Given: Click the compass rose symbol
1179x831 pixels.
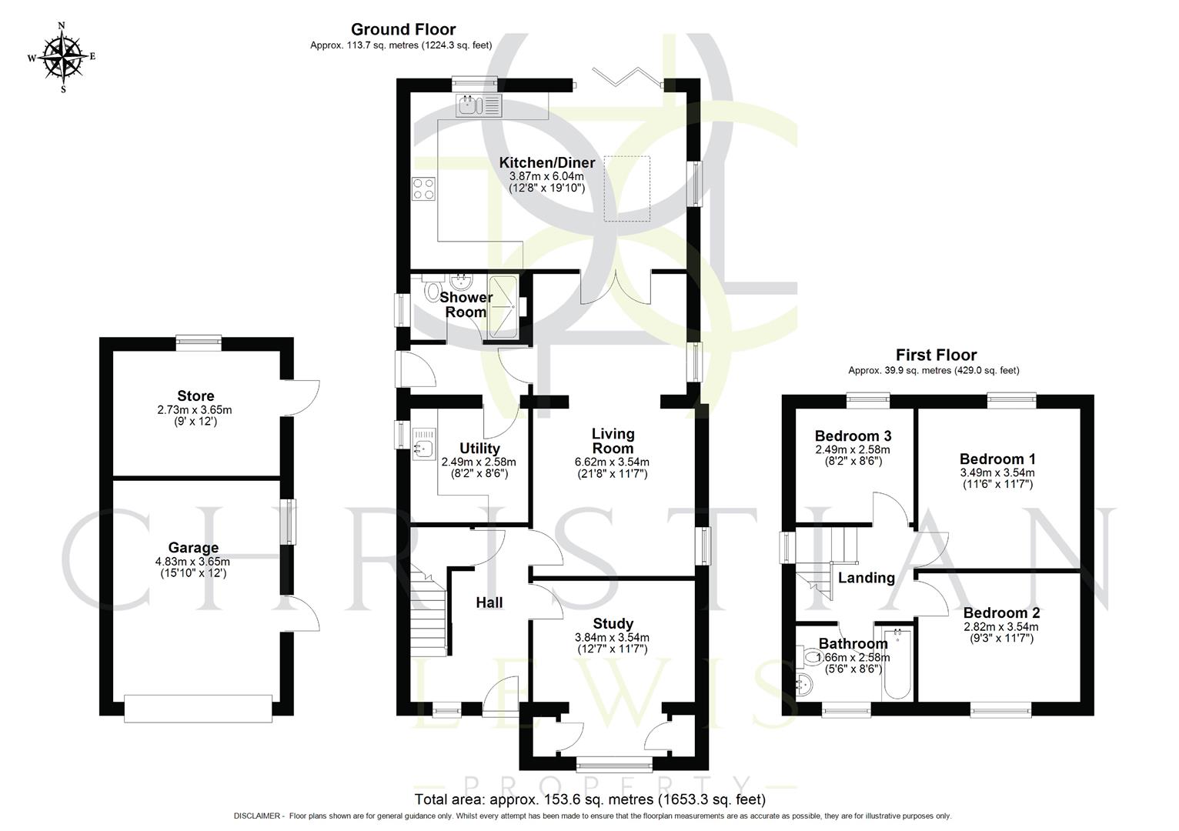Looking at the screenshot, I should coord(63,56).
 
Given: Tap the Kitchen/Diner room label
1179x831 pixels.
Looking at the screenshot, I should coord(546,163).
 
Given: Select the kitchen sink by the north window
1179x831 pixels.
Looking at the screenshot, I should coord(478,105).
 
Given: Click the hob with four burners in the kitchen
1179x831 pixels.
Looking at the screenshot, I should coord(423,189).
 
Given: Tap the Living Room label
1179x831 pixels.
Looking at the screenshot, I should coord(613,441).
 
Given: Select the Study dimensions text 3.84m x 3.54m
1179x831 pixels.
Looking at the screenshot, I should coord(612,637).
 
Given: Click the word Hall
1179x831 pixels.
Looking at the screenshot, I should coord(489,602).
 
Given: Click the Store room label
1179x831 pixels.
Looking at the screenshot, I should coord(195,397).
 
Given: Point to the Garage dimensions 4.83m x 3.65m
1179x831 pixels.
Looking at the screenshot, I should coord(192,562).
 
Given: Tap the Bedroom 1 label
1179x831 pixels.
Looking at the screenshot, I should coord(997,459).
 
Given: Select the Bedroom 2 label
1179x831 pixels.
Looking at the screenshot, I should coord(1001,613).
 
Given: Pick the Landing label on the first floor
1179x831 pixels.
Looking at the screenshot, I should coord(866,578).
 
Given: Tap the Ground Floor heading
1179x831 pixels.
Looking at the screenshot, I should coord(403,29).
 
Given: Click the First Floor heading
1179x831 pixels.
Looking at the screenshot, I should coord(936,355).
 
